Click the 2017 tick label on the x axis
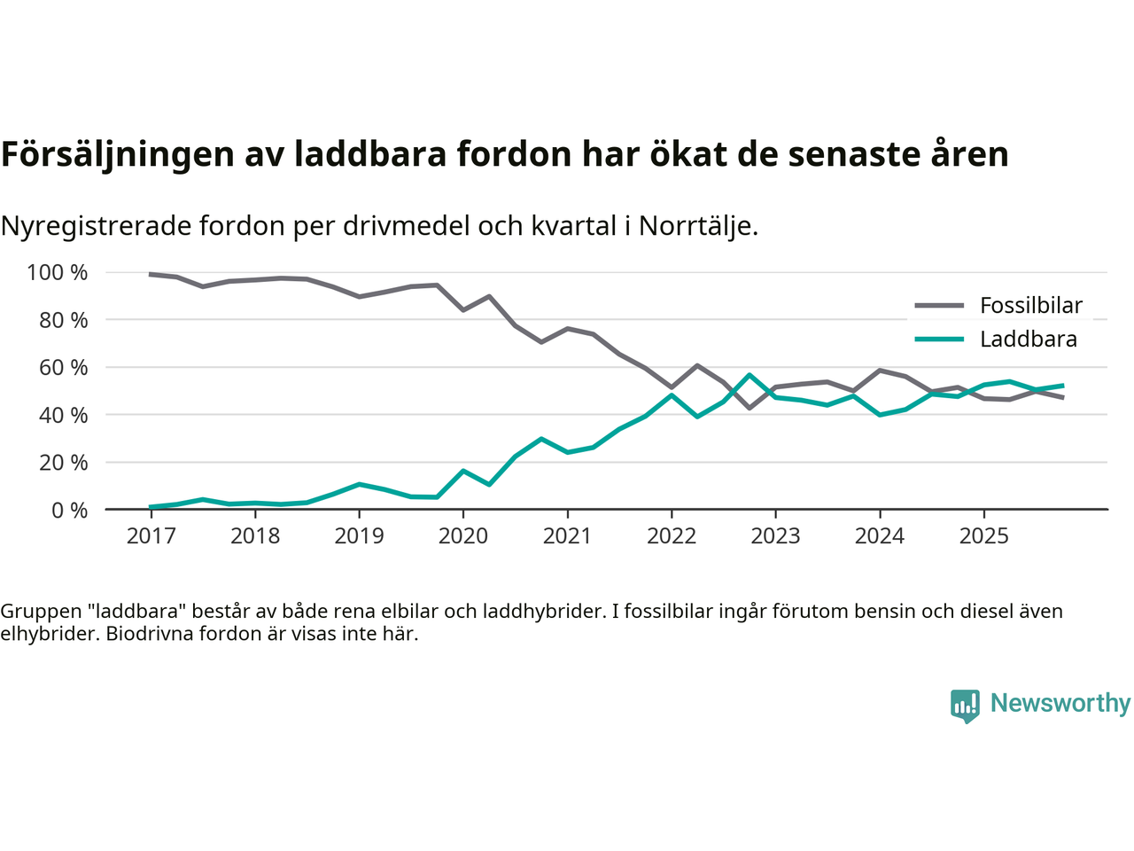pyautogui.click(x=151, y=535)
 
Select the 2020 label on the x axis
pyautogui.click(x=463, y=535)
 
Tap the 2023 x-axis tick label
pyautogui.click(x=775, y=535)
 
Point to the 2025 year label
pyautogui.click(x=983, y=535)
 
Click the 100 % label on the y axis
pyautogui.click(x=58, y=273)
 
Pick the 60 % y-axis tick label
pyautogui.click(x=63, y=367)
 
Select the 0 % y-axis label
pyautogui.click(x=69, y=510)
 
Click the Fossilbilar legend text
pyautogui.click(x=1030, y=306)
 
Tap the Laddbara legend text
pyautogui.click(x=1028, y=340)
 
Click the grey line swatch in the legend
pyautogui.click(x=939, y=306)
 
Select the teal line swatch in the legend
pyautogui.click(x=939, y=340)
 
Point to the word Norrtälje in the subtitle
pyautogui.click(x=697, y=227)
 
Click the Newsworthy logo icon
pyautogui.click(x=965, y=706)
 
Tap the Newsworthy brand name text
pyautogui.click(x=1060, y=703)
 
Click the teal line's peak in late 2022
pyautogui.click(x=750, y=375)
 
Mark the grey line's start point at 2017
pyautogui.click(x=151, y=274)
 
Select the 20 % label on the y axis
pyautogui.click(x=63, y=463)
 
